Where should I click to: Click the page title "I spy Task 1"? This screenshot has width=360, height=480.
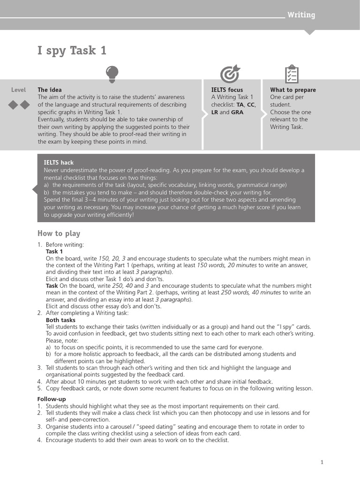72,51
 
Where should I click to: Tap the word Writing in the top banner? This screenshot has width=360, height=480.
301,15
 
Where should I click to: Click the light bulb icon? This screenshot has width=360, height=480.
112,74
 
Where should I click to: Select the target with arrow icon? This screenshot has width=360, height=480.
230,74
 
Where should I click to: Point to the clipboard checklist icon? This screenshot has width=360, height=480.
292,74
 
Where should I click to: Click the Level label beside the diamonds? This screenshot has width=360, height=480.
19,90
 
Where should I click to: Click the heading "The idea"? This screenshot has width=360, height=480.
50,90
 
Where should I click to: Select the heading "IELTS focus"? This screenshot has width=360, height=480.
227,90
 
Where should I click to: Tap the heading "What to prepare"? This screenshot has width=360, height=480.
293,90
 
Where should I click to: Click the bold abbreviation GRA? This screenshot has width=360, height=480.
237,112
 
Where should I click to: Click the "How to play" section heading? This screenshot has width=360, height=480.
59,233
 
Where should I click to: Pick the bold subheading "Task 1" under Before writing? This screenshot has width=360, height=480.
54,252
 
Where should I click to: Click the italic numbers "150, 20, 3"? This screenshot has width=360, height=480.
112,259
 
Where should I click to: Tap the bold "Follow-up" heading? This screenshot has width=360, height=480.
52,399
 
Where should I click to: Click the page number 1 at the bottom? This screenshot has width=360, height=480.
322,462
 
